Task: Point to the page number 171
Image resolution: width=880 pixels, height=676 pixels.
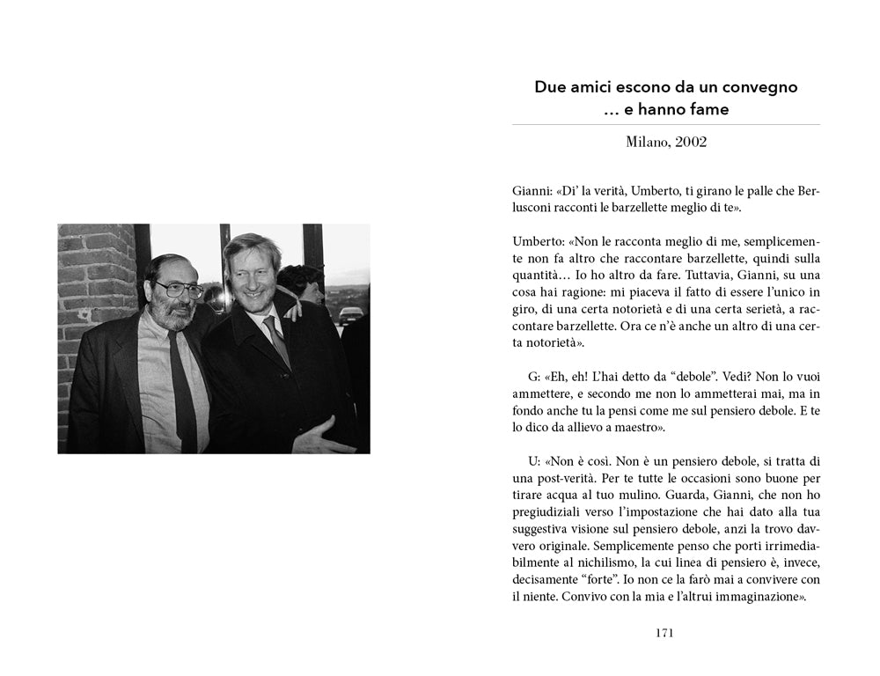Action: point(665,632)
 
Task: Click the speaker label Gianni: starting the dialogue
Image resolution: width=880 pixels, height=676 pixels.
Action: point(531,191)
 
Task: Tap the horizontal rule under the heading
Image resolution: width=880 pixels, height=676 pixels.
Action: point(665,125)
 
